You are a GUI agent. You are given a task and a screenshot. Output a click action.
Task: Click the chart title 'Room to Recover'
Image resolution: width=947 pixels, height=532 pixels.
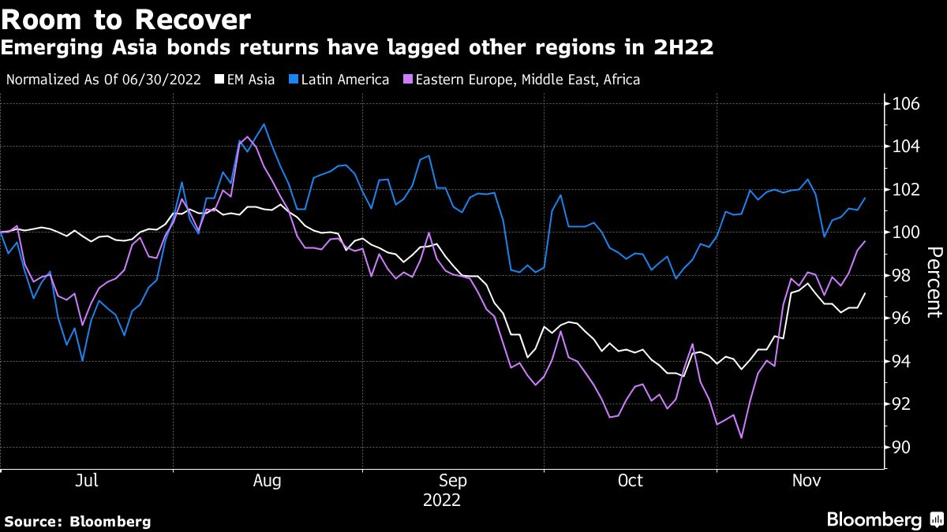coord(127,19)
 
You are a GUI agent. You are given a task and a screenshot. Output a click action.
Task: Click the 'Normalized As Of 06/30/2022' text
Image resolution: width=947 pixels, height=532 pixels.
coord(103,80)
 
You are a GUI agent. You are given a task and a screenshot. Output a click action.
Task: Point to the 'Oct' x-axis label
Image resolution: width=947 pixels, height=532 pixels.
coord(631,481)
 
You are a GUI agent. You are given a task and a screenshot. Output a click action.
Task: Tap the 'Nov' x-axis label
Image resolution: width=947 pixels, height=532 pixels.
coord(805,481)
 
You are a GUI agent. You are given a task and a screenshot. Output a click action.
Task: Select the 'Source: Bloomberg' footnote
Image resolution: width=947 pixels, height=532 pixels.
coord(77,521)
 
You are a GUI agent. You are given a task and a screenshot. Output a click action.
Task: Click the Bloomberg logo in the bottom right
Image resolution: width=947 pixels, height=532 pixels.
coord(883,520)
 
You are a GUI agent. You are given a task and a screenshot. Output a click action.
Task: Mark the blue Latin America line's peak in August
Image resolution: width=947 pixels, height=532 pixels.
coord(263,124)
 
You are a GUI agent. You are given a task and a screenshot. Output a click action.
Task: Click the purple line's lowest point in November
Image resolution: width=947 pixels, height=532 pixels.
coord(741,437)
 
